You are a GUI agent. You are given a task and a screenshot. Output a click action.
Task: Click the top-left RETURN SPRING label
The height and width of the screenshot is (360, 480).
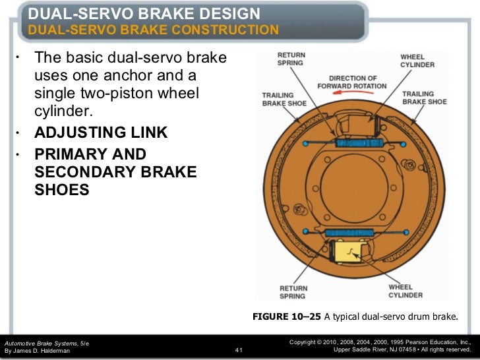click(291, 60)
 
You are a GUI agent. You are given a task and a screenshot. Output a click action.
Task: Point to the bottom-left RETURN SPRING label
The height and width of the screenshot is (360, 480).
click(293, 291)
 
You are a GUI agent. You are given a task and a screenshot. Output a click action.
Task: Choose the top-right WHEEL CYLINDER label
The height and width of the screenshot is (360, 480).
click(417, 61)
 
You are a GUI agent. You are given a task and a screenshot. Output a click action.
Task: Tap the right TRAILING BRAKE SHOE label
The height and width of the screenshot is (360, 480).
click(424, 98)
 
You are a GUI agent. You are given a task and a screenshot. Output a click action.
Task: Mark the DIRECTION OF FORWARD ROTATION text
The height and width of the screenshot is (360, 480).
click(352, 81)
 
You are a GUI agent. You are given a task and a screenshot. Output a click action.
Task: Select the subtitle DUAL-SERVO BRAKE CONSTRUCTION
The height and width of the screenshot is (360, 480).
click(153, 30)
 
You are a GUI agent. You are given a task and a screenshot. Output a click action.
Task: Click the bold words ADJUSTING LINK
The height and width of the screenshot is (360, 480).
click(100, 134)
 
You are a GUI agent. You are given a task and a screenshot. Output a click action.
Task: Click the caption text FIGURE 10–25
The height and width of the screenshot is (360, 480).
click(287, 317)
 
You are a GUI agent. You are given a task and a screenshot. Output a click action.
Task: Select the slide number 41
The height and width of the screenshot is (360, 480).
click(239, 350)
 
